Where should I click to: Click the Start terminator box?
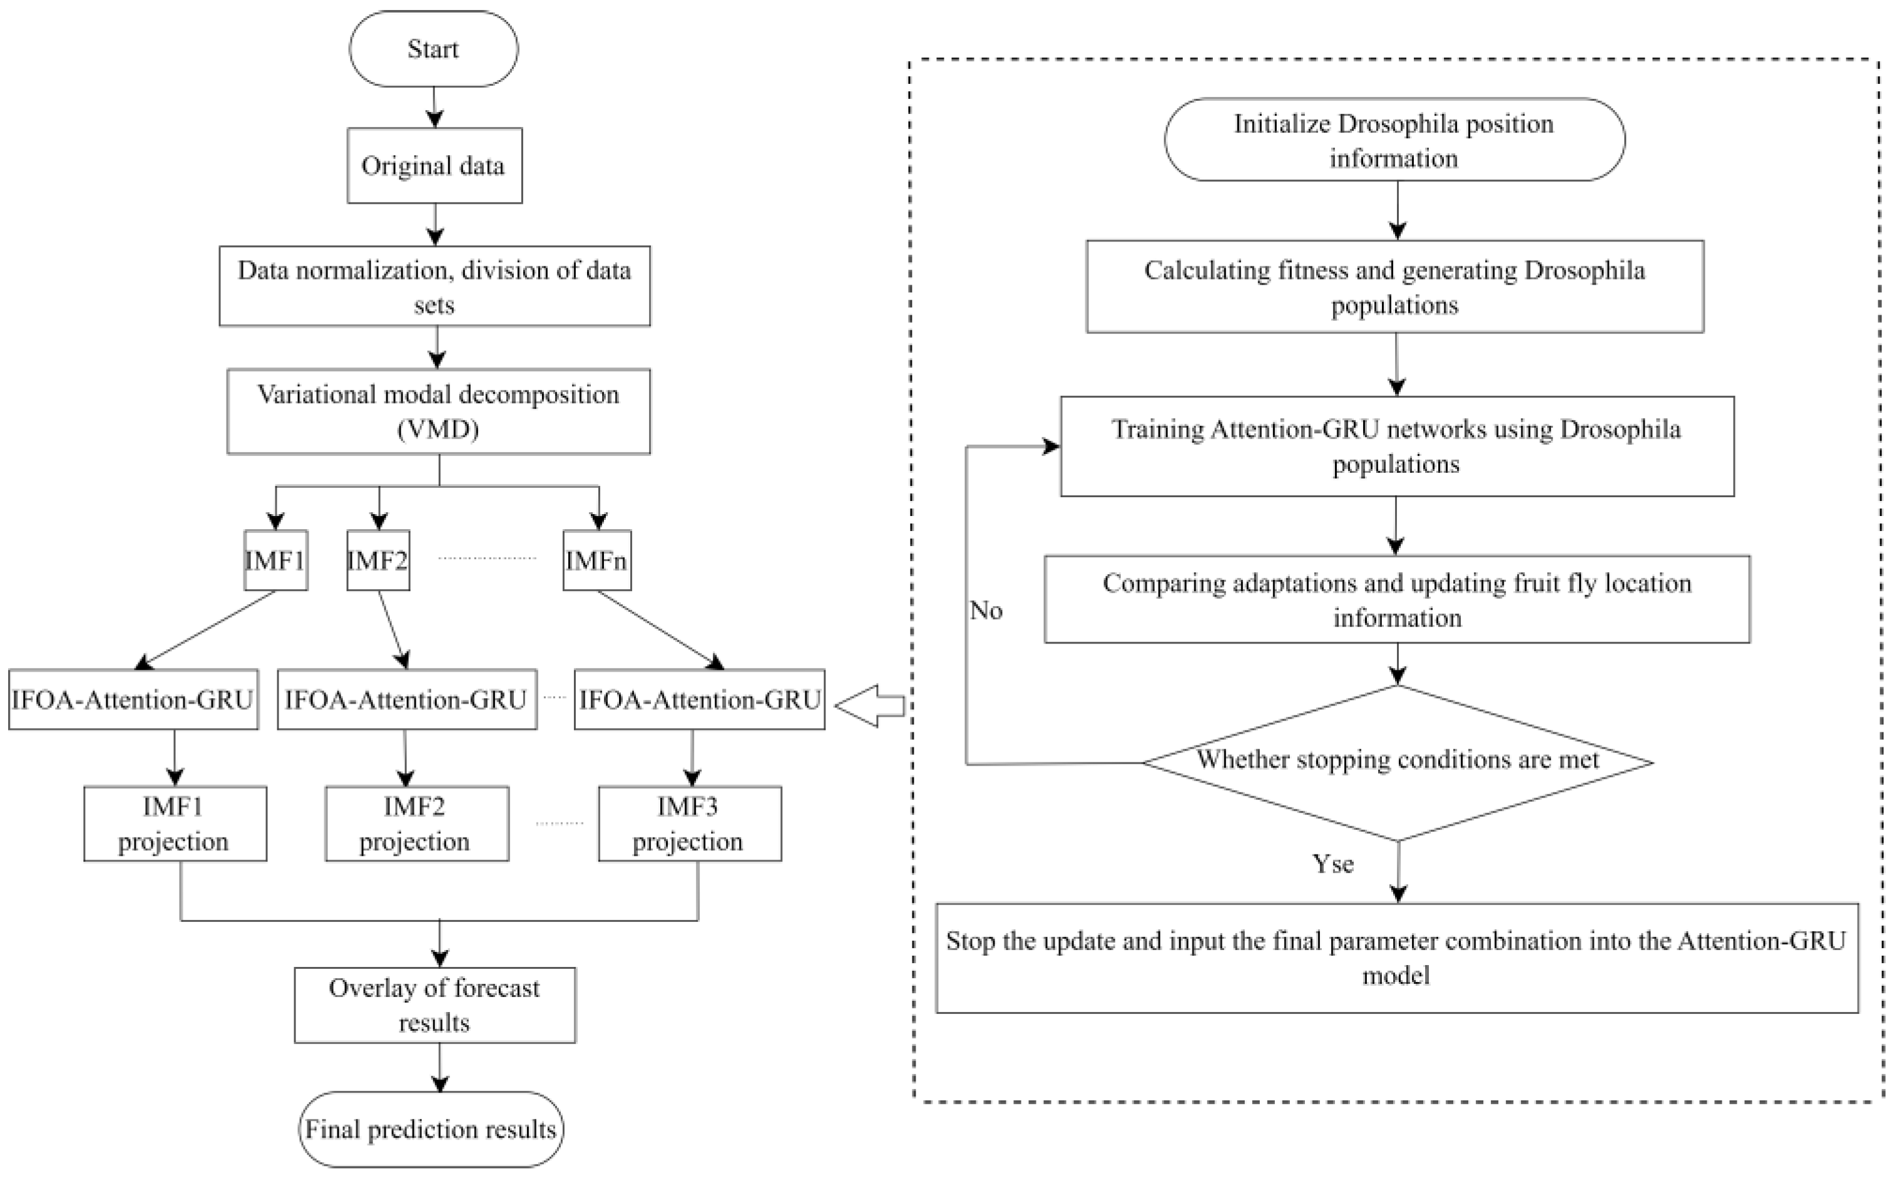click(433, 48)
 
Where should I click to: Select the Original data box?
click(434, 165)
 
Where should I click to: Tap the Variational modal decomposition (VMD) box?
click(438, 411)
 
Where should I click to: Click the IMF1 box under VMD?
click(275, 560)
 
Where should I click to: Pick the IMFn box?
click(596, 560)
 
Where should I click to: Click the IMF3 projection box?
click(690, 824)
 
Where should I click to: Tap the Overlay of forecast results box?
click(434, 1004)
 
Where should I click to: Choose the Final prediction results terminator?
click(431, 1128)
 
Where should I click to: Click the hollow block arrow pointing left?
click(870, 706)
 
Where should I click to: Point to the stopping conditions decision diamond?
click(1398, 762)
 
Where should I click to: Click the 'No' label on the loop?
click(986, 610)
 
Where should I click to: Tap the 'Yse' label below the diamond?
click(1333, 864)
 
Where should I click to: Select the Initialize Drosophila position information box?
click(1394, 139)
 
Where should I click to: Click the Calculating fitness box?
click(1394, 286)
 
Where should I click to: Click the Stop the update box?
click(1396, 958)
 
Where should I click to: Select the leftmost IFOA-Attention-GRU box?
click(133, 699)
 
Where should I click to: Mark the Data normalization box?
click(434, 286)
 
